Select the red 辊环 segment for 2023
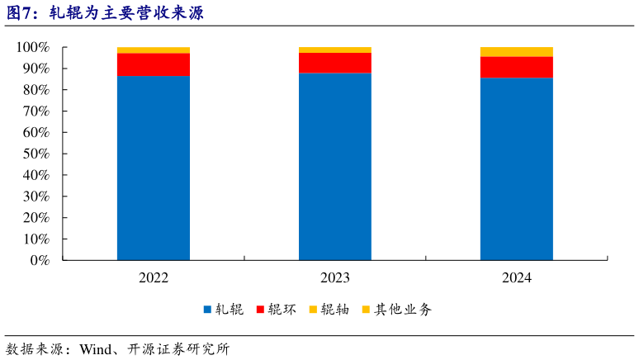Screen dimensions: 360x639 coord(335,63)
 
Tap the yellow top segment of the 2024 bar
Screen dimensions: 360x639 coord(517,52)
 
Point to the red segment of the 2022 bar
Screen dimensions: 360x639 coord(154,64)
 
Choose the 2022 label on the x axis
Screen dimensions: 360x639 coord(154,278)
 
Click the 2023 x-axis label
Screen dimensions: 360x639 coord(335,278)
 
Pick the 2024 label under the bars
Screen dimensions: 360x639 coord(517,278)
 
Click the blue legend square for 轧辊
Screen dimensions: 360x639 coord(207,310)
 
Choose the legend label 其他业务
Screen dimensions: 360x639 coord(403,310)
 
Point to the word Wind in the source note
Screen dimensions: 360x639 coord(96,348)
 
